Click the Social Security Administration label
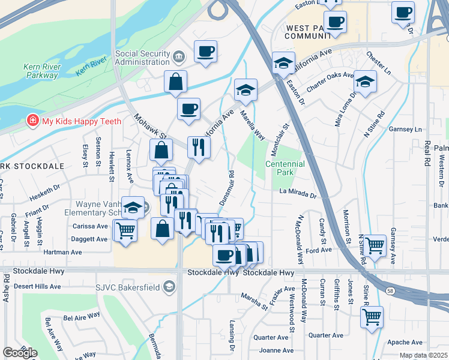point(142,58)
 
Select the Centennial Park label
point(285,168)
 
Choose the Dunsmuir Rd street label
point(227,188)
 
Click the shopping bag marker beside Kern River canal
point(175,82)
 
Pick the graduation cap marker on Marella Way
point(246,90)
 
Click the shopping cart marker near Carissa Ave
point(125,230)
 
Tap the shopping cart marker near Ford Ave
point(375,245)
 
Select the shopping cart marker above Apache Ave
point(372,316)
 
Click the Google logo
point(20,353)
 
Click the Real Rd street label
point(427,154)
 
